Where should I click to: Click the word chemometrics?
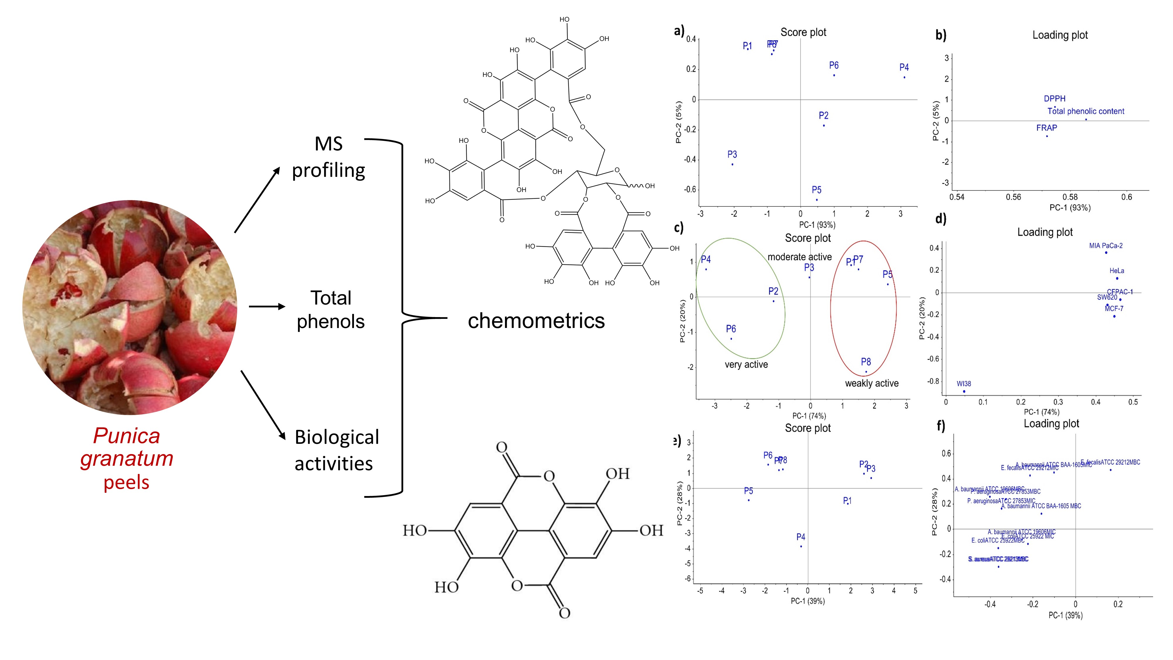pyautogui.click(x=536, y=321)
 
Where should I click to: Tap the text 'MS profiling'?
pyautogui.click(x=328, y=157)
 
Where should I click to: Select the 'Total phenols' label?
pyautogui.click(x=330, y=310)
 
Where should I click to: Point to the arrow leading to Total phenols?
pyautogui.click(x=266, y=307)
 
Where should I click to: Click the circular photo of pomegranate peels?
pyautogui.click(x=130, y=307)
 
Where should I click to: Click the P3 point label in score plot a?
pyautogui.click(x=732, y=154)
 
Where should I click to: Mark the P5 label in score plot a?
pyautogui.click(x=816, y=189)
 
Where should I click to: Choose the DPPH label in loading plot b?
pyautogui.click(x=1055, y=98)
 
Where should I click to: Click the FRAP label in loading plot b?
pyautogui.click(x=1046, y=128)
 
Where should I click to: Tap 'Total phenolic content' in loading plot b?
pyautogui.click(x=1086, y=111)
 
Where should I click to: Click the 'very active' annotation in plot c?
pyautogui.click(x=746, y=364)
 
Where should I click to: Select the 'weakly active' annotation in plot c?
pyautogui.click(x=872, y=383)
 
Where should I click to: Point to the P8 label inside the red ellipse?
pyautogui.click(x=866, y=362)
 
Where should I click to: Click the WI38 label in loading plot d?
pyautogui.click(x=964, y=383)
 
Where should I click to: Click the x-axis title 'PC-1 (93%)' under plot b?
pyautogui.click(x=1070, y=208)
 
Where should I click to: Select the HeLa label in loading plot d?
pyautogui.click(x=1116, y=270)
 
